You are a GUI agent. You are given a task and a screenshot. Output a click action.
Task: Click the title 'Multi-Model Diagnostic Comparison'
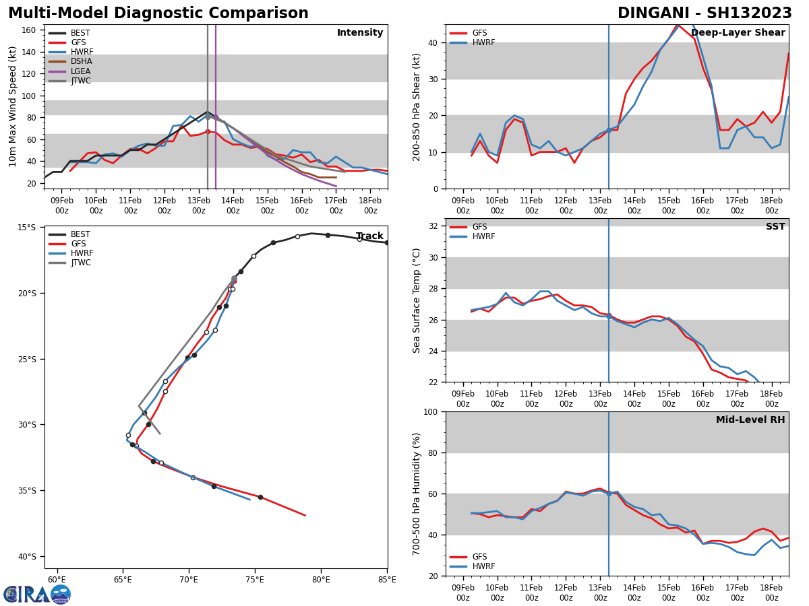click(158, 13)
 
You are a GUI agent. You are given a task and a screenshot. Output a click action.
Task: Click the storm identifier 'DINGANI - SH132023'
click(705, 13)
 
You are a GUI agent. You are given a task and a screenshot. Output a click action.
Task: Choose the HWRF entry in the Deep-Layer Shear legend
click(483, 42)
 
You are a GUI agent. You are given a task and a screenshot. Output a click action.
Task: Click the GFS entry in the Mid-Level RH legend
click(479, 557)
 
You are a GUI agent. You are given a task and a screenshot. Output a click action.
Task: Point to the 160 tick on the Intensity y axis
click(29, 30)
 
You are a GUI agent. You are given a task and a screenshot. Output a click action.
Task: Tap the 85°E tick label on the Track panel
click(388, 579)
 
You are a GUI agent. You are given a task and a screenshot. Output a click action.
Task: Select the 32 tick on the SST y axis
click(434, 226)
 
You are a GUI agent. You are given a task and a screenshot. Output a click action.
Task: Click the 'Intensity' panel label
click(360, 33)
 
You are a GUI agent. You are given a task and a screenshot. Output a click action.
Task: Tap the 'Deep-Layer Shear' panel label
click(738, 33)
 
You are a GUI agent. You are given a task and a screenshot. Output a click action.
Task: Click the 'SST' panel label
click(775, 227)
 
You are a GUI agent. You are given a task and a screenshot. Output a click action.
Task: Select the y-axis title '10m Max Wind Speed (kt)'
click(13, 106)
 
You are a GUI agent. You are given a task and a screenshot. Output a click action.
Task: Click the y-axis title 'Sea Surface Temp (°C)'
click(417, 300)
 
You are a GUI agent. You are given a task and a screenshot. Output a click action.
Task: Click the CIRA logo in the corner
click(37, 594)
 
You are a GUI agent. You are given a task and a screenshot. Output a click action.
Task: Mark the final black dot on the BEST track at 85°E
click(387, 242)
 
